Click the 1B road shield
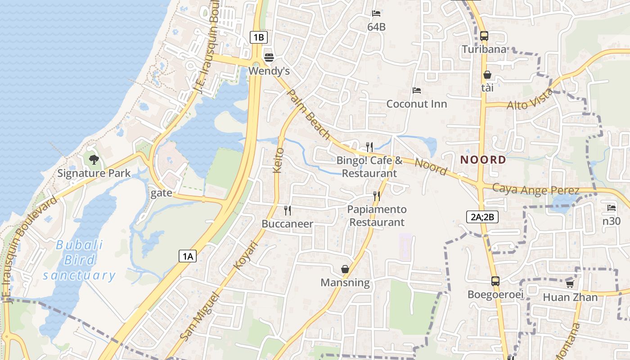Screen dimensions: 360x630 [x=259, y=37]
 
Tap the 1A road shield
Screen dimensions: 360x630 [x=188, y=256]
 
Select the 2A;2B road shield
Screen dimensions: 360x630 [x=482, y=217]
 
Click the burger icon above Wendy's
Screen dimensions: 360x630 [x=269, y=57]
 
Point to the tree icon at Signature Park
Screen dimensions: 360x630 [x=94, y=159]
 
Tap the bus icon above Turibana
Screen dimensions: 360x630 [x=484, y=36]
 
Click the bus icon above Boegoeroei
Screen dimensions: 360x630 [x=495, y=281]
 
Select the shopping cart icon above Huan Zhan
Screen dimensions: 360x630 [x=570, y=284]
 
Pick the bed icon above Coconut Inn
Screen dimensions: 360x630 [x=417, y=90]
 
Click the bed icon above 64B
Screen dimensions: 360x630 [x=376, y=13]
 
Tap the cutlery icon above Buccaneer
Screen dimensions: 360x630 [x=288, y=210]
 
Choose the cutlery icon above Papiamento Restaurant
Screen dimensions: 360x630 [x=377, y=196]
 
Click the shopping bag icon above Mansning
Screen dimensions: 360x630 [x=345, y=269]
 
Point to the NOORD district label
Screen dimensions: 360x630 [x=483, y=160]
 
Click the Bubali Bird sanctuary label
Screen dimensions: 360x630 [x=79, y=260]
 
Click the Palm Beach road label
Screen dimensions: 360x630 [x=308, y=114]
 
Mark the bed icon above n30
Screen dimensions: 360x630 [x=611, y=208]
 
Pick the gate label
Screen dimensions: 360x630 [x=161, y=193]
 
